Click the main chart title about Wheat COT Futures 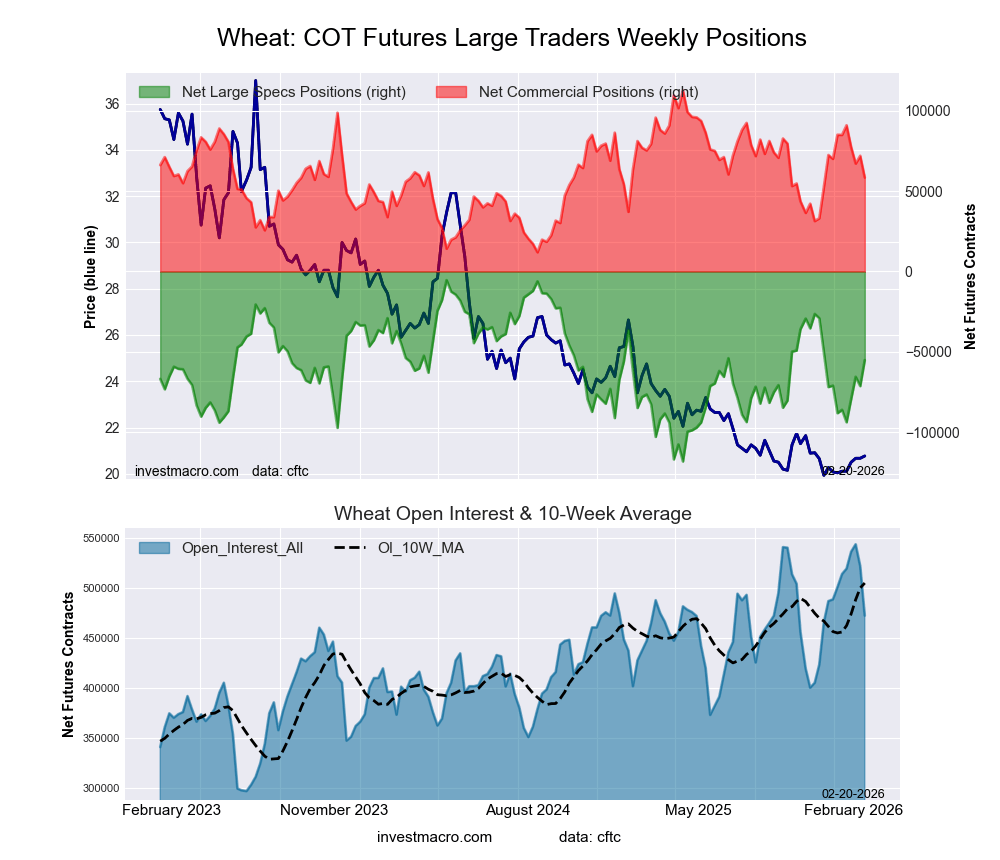pos(511,38)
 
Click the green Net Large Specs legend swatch pos(155,92)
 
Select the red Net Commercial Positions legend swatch pos(452,92)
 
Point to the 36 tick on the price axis pos(112,104)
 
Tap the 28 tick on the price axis pos(112,289)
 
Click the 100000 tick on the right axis pos(927,111)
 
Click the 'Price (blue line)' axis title pos(90,277)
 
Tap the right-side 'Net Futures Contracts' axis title pos(970,277)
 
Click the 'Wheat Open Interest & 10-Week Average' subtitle pos(512,514)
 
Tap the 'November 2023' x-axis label pos(334,809)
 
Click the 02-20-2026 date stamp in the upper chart pos(852,470)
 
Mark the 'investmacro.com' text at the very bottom pos(434,837)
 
